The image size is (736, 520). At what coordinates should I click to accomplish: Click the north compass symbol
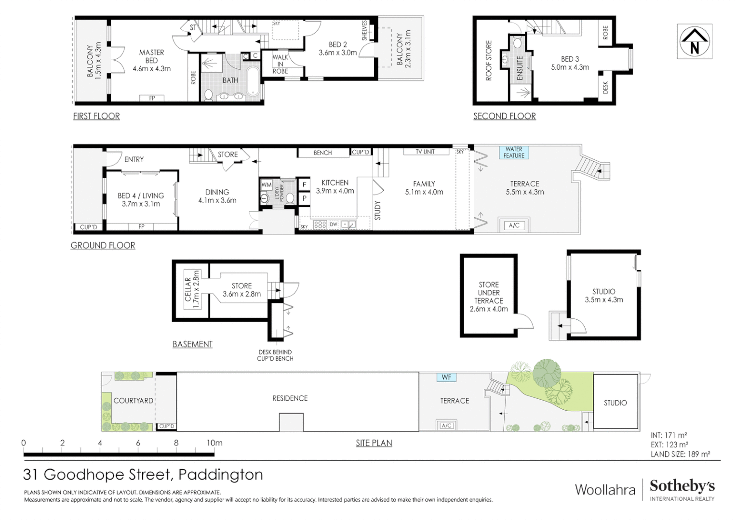point(694,41)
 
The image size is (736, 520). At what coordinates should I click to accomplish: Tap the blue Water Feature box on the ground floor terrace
point(514,152)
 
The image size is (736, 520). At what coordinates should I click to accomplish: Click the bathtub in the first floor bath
point(253,81)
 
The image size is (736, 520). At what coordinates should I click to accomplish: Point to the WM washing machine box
point(266,185)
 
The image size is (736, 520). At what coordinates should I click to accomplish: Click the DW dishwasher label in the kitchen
point(334,224)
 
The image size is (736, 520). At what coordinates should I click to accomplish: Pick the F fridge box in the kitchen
point(304,184)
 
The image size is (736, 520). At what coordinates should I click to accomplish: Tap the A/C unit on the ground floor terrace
point(514,225)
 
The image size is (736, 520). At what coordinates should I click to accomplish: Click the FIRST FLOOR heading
point(96,116)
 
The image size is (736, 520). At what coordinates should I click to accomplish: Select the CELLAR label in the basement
point(188,289)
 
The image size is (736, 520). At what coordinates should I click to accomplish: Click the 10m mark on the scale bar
point(214,443)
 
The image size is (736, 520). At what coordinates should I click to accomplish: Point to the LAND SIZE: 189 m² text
point(681,455)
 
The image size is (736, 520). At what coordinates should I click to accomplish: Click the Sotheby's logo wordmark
point(682,486)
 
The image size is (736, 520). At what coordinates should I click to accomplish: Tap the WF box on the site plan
point(446,377)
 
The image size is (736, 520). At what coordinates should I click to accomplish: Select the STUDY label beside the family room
point(377,210)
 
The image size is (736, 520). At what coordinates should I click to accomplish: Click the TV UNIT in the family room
point(426,152)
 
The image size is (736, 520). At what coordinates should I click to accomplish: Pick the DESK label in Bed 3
point(605,88)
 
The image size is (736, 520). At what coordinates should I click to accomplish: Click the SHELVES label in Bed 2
point(364,30)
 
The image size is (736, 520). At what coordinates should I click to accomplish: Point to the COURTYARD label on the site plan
point(134,401)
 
